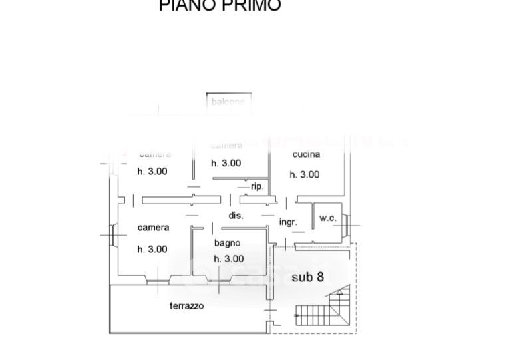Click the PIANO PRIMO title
point(220,6)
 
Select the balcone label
point(228,102)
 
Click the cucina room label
point(306,154)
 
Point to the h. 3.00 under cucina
point(305,174)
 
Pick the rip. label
point(257,187)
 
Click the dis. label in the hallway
point(236,216)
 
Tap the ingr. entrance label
point(287,222)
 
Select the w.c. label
point(328,218)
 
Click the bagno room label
point(227,243)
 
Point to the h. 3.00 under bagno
point(228,259)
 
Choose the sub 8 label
point(307,277)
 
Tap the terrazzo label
point(186,306)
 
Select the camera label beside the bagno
point(153,228)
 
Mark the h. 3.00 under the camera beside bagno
point(152,250)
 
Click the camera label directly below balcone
point(226,146)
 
